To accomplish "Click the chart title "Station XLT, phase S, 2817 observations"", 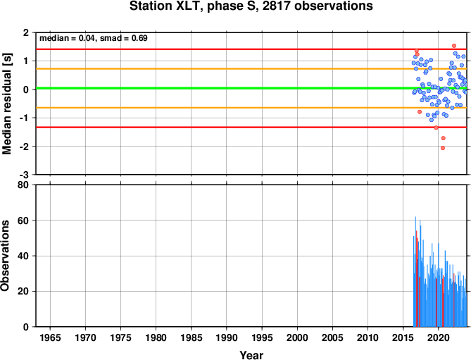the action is [x=251, y=6].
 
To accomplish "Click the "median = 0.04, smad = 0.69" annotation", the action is [x=94, y=38].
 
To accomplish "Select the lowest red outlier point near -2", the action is [x=442, y=148].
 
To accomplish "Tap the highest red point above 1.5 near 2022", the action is [x=454, y=46].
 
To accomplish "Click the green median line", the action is [x=251, y=88].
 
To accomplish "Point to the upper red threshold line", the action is [x=251, y=49].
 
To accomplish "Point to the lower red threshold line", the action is [x=251, y=127].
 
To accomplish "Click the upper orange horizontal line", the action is [x=251, y=69].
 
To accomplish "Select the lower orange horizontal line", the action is [x=251, y=108].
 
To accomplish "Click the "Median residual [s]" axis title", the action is [x=6, y=104].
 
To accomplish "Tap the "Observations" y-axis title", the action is [x=5, y=255].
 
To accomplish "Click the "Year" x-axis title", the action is [x=251, y=355].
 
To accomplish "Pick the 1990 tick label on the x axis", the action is [x=227, y=337].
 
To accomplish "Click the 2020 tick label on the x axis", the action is [x=438, y=337].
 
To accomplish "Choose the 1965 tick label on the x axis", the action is [x=50, y=337].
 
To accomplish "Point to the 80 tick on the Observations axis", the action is [x=23, y=185].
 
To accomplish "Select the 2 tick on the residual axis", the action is [x=26, y=32].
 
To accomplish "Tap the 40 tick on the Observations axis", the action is [x=23, y=256].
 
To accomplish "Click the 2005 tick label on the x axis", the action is [x=332, y=337].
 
